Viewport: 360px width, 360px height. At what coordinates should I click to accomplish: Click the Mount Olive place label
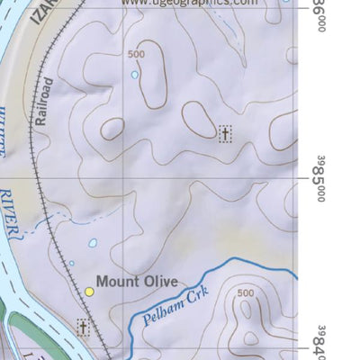[x=137, y=281]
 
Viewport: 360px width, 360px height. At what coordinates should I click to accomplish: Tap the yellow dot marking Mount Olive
[x=90, y=292]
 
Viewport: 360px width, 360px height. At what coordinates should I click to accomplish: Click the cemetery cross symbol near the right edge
[x=225, y=134]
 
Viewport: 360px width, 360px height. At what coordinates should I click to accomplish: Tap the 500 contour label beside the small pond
[x=136, y=55]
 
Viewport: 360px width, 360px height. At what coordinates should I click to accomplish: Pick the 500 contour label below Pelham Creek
[x=244, y=293]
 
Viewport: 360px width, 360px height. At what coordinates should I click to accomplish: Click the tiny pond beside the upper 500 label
[x=135, y=75]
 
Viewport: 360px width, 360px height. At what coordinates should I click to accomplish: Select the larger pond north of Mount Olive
[x=93, y=243]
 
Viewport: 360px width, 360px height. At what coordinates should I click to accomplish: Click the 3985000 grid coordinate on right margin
[x=319, y=177]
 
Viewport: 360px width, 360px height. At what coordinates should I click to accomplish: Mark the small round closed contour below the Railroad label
[x=112, y=129]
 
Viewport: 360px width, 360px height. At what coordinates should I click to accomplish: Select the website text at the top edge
[x=188, y=4]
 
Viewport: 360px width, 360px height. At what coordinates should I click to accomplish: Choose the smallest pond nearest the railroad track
[x=72, y=264]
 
